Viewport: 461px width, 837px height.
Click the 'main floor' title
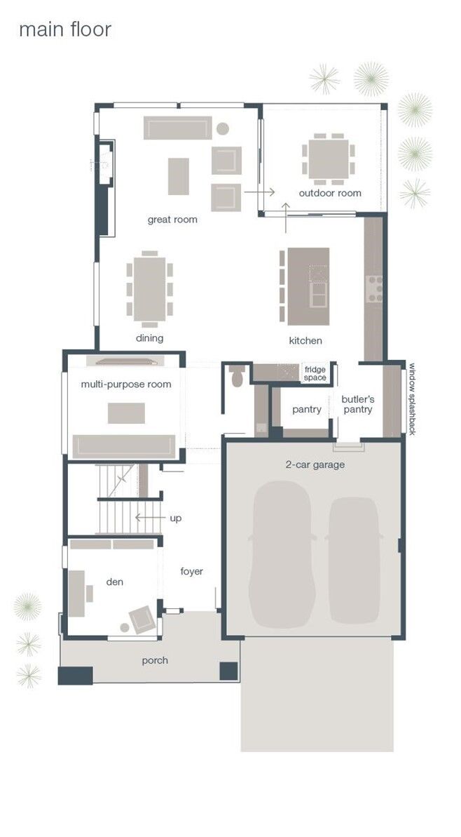click(64, 29)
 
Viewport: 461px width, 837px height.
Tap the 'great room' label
click(172, 220)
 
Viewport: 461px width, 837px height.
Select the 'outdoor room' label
click(330, 193)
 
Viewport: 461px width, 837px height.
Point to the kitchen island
click(308, 286)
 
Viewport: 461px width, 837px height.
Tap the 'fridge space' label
click(315, 373)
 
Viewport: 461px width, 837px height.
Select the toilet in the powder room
click(237, 377)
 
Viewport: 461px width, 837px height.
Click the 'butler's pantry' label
click(358, 404)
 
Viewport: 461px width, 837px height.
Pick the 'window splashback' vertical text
click(413, 399)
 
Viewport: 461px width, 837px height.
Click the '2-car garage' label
click(314, 464)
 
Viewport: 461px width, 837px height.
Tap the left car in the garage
click(279, 554)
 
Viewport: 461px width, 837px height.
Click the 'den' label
click(115, 582)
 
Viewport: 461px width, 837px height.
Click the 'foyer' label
click(191, 571)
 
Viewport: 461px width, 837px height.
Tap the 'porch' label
click(155, 660)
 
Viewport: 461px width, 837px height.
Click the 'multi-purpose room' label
click(126, 384)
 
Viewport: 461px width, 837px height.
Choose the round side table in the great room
click(223, 129)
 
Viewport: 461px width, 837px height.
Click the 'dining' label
click(150, 338)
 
